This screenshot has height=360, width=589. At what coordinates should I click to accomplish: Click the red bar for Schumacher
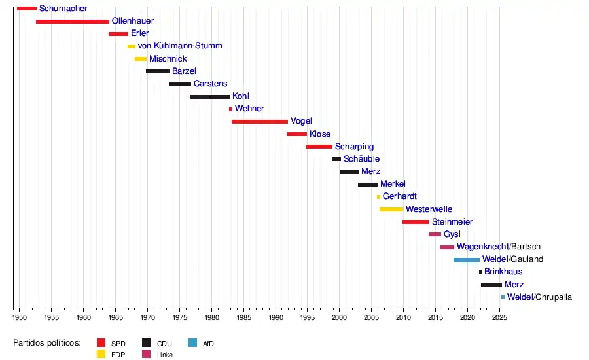point(27,9)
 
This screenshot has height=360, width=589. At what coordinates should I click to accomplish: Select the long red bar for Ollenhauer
point(73,22)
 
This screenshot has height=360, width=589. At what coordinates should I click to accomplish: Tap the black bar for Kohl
point(210,97)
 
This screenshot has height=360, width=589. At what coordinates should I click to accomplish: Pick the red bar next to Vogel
point(260,122)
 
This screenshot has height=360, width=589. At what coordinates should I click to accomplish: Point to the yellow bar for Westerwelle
point(391,209)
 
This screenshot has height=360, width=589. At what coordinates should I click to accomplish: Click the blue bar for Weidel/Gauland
point(467,260)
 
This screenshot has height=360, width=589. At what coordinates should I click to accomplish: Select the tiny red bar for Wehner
point(230,109)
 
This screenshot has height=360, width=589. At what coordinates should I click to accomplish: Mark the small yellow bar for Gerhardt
point(378,197)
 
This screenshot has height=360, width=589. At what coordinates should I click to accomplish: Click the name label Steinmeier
point(452,222)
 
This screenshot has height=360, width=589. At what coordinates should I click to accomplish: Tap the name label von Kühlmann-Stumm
point(180,46)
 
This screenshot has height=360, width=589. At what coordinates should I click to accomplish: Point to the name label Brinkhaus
point(503,272)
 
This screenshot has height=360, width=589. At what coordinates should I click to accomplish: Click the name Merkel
point(393,184)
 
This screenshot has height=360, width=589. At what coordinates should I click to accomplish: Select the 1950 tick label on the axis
point(20,317)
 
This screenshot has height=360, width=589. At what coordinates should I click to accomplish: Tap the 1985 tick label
point(243,317)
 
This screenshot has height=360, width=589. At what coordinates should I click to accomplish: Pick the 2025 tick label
point(499,317)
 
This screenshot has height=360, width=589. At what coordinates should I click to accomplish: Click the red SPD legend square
point(101,343)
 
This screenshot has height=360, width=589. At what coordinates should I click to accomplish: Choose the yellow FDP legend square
point(101,354)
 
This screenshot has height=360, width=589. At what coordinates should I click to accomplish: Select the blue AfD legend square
point(192,343)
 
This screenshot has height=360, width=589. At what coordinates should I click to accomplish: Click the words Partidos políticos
point(47,343)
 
